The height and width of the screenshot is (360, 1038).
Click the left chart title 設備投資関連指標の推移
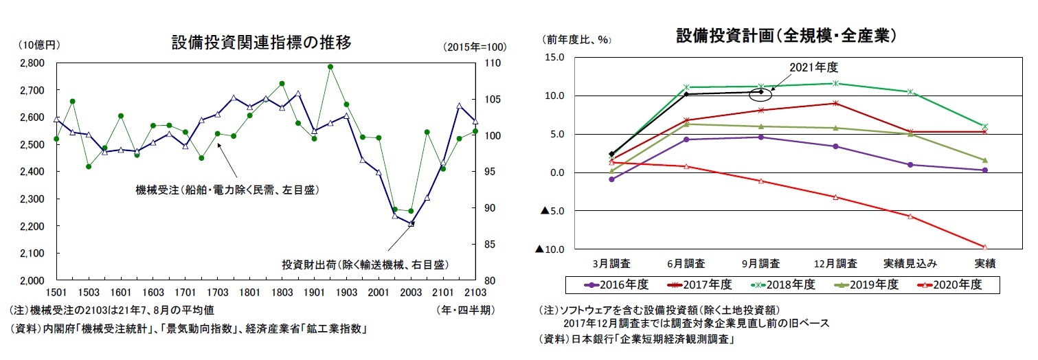click(261, 43)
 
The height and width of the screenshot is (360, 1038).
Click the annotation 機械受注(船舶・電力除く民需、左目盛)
click(227, 190)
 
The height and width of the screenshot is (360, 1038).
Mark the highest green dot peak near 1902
click(330, 67)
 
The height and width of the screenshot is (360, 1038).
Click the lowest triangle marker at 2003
click(411, 223)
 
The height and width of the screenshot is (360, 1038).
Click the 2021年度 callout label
click(814, 67)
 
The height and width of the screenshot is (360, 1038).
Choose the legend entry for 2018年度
click(786, 284)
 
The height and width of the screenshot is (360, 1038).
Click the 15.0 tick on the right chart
click(555, 58)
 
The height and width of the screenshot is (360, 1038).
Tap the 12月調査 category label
click(835, 263)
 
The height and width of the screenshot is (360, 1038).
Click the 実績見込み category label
click(910, 263)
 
